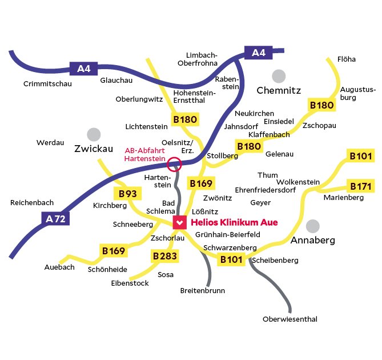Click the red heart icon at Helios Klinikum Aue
click(179, 222)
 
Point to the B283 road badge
click(164, 256)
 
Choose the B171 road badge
click(361, 186)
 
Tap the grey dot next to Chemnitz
click(279, 76)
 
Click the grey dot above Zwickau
click(93, 134)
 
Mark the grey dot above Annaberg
click(313, 226)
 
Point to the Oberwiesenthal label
click(289, 319)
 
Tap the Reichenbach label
click(32, 203)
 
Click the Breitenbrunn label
click(202, 290)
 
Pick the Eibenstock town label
click(130, 283)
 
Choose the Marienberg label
click(343, 198)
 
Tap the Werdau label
click(50, 143)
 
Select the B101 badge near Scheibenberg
click(232, 259)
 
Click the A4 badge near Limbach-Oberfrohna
click(259, 53)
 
